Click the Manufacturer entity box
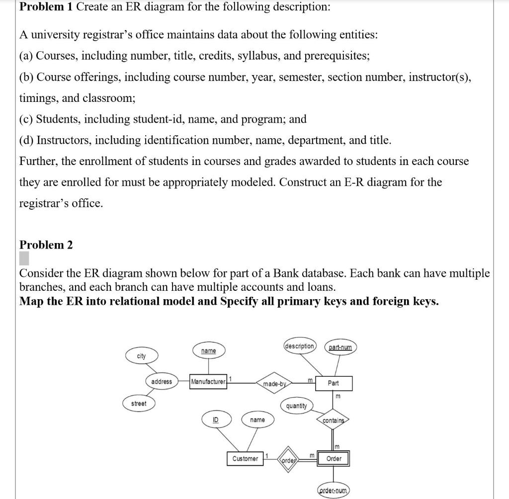pos(208,382)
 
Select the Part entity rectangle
pos(334,383)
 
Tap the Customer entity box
pos(246,458)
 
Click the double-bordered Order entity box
pos(334,458)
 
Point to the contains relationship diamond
pos(334,420)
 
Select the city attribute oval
pos(142,356)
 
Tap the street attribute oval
pos(139,404)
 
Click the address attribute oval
pos(162,382)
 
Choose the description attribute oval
pos(300,346)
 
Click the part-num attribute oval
pos(340,347)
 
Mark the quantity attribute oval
pos(297,406)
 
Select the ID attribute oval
pos(215,420)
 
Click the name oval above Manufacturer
pos(208,351)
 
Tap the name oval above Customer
pos(257,420)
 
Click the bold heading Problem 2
pos(46,245)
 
